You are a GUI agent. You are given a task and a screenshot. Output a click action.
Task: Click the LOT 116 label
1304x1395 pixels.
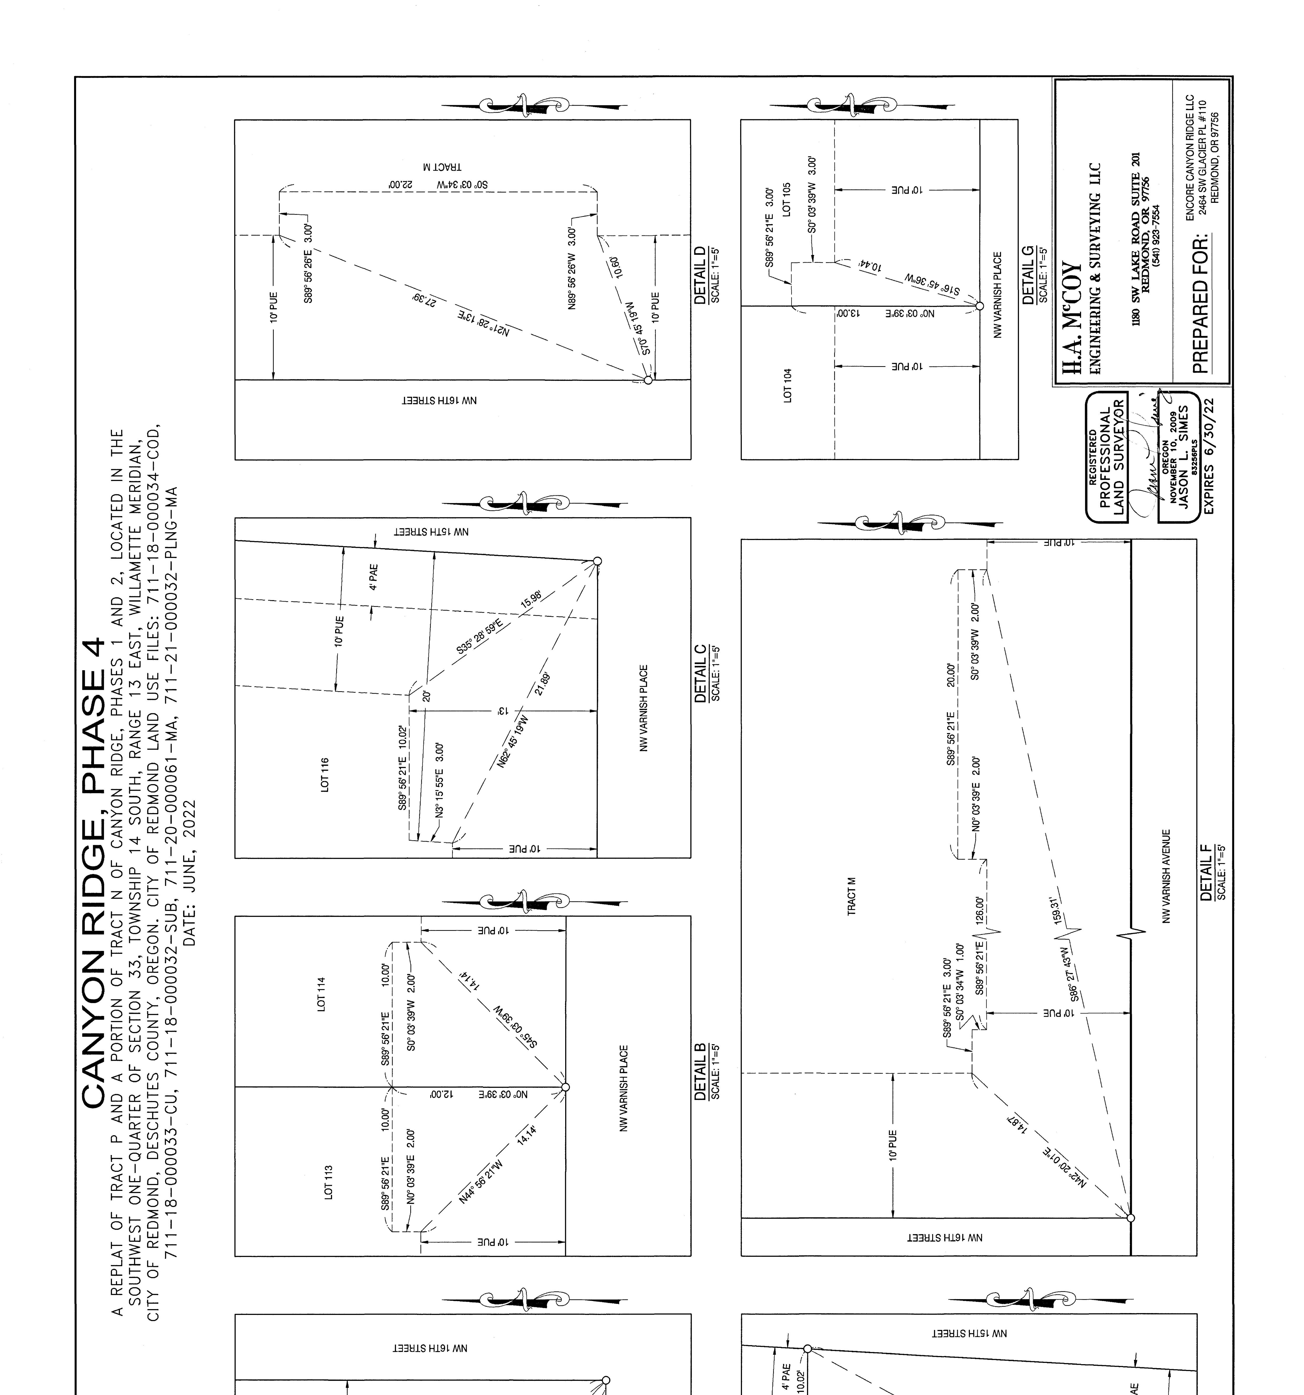click(324, 775)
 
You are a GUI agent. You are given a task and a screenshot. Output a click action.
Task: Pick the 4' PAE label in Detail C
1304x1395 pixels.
click(373, 577)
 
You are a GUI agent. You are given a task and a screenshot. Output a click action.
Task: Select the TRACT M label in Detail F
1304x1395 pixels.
click(851, 895)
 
